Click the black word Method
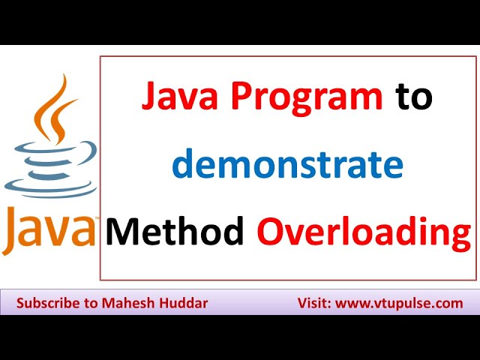coord(175,232)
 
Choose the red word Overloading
coord(364,232)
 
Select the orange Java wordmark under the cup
coord(49,229)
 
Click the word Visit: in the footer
coord(314,304)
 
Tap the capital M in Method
coord(123,232)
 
